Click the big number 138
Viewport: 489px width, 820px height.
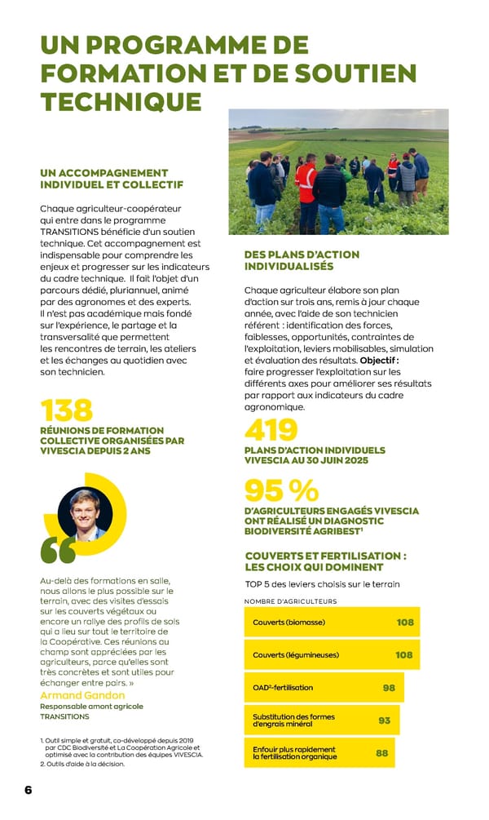coord(67,410)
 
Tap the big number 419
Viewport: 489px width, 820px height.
coord(271,430)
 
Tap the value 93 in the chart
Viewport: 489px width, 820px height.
coord(385,720)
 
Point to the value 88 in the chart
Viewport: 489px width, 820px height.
coord(381,753)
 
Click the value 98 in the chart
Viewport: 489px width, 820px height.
coord(389,688)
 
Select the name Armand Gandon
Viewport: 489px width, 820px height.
coord(82,695)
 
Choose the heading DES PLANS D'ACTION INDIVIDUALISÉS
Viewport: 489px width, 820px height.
coord(302,260)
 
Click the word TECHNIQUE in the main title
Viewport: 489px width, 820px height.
coord(121,101)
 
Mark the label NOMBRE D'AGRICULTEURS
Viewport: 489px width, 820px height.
coord(290,601)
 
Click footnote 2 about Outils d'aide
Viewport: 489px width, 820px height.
coord(82,765)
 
